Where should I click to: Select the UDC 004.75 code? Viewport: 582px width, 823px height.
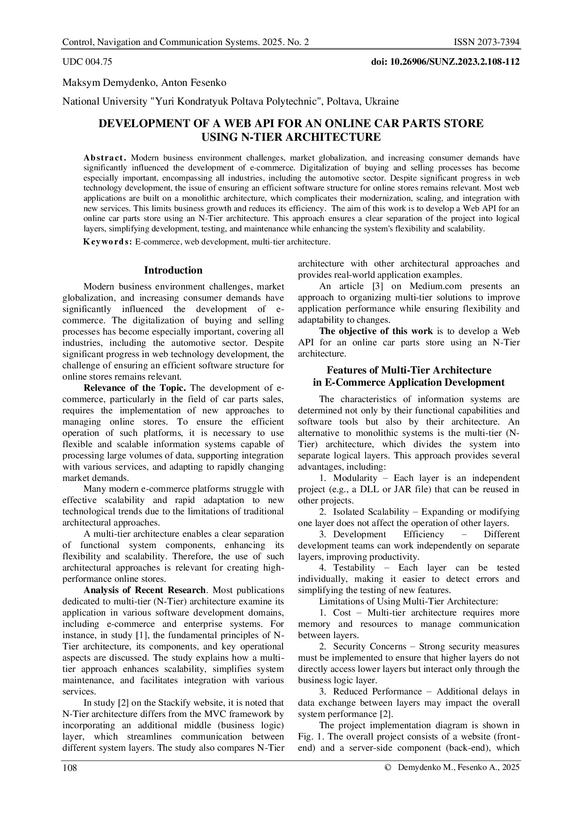coord(87,61)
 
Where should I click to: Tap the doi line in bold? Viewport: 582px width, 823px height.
coord(445,61)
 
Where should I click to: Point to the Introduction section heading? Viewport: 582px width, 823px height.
coord(173,270)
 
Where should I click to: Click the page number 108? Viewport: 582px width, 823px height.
coord(69,768)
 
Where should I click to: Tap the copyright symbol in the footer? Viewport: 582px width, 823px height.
coord(387,768)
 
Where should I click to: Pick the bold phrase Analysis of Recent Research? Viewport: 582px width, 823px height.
coord(145,590)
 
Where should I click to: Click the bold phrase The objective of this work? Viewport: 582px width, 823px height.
coord(376,331)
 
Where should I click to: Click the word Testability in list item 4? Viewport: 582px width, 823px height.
coord(354,568)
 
